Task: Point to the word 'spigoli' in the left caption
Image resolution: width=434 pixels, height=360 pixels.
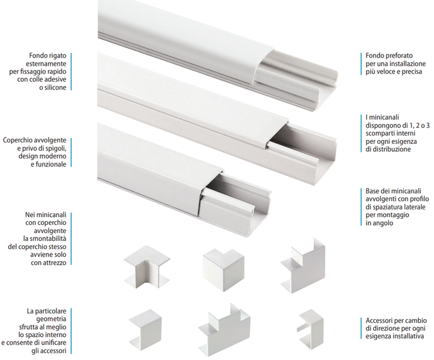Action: (x=55, y=149)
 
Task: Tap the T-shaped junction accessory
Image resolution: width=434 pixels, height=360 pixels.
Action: (x=224, y=327)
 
